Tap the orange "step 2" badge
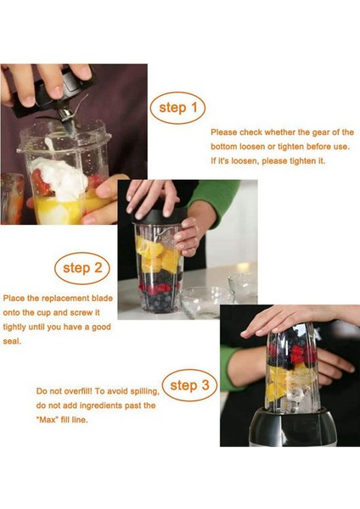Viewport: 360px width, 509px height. tap(82, 269)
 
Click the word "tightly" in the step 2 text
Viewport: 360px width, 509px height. tap(17, 327)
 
